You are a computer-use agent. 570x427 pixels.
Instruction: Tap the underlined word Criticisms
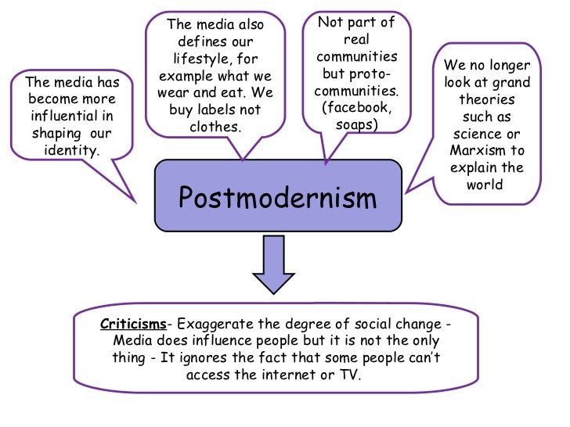coord(131,324)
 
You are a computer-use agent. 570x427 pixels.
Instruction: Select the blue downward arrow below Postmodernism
coord(272,263)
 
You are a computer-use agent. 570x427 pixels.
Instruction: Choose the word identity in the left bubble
coord(70,150)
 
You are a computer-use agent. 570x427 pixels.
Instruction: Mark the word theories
coord(486,99)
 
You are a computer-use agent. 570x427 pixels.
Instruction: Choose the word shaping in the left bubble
coord(56,133)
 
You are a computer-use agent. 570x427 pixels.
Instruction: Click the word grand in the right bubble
coord(509,82)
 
